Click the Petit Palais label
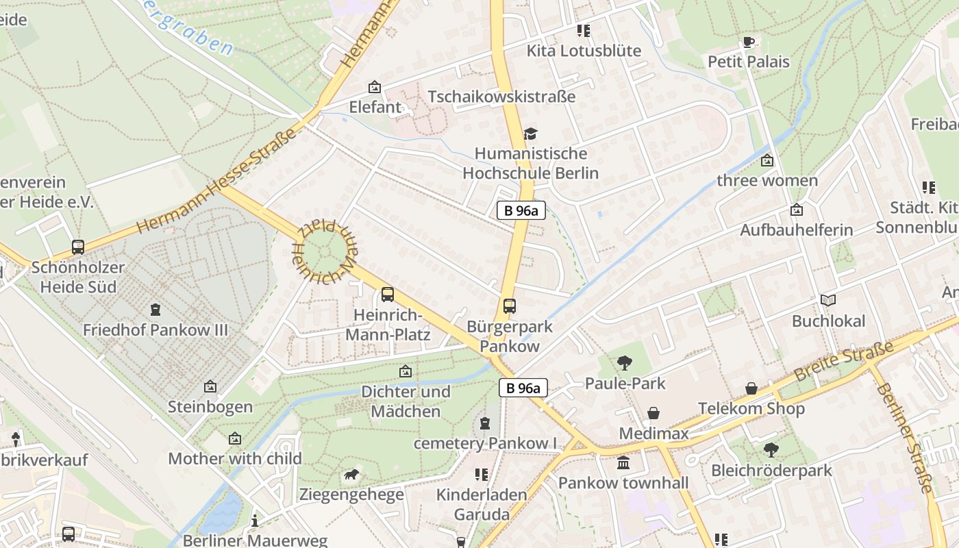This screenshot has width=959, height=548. [748, 62]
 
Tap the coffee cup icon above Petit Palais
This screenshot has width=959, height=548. [749, 42]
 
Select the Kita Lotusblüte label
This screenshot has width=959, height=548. [584, 51]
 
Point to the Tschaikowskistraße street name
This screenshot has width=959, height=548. [501, 97]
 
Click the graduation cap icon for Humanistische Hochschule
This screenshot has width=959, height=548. [530, 134]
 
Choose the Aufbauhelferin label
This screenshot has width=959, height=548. [796, 229]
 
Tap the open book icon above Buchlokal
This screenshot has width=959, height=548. [828, 300]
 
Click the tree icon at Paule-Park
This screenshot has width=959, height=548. [624, 363]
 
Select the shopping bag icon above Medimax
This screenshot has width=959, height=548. [653, 413]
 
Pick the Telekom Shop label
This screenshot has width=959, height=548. [751, 409]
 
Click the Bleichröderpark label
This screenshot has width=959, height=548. [771, 471]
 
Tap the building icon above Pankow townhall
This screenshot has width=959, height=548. [623, 463]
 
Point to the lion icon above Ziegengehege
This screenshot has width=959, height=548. [351, 475]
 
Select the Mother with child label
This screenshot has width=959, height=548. [235, 458]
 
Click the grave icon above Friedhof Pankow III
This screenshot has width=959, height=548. [155, 310]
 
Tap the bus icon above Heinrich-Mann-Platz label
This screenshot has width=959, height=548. [388, 295]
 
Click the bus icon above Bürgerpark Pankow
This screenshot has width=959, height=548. [509, 306]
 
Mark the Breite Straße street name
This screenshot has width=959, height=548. [844, 361]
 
